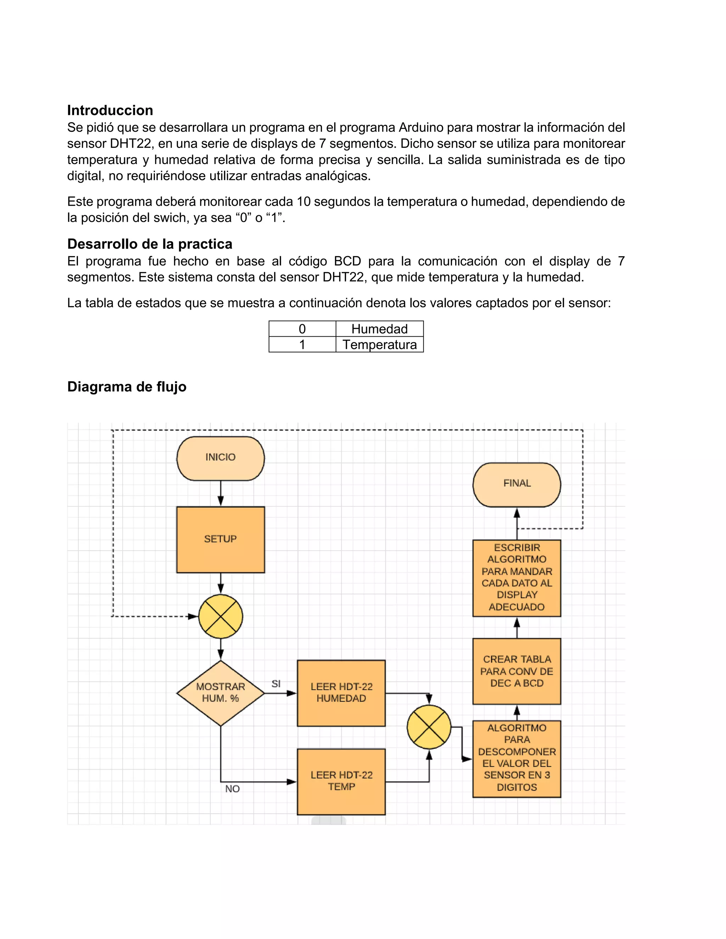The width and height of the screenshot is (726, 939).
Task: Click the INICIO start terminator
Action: click(220, 458)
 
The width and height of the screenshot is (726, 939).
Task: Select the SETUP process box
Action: click(220, 539)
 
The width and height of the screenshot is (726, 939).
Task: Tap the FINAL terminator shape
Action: click(516, 484)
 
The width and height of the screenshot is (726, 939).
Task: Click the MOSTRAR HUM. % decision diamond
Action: click(220, 693)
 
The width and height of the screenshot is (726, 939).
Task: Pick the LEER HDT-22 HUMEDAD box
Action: click(341, 693)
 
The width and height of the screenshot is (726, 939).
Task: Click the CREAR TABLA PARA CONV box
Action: click(516, 671)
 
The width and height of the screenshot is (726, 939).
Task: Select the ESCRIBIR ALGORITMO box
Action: click(516, 578)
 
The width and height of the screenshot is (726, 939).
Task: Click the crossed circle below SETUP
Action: click(220, 616)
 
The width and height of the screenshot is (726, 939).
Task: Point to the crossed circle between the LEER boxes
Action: click(429, 727)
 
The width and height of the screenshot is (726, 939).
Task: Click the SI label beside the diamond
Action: click(276, 684)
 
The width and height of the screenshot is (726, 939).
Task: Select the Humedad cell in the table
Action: click(379, 329)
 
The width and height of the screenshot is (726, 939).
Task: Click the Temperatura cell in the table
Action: click(379, 345)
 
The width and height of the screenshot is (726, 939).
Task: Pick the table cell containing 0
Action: click(302, 329)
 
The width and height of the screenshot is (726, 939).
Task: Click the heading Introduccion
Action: click(110, 111)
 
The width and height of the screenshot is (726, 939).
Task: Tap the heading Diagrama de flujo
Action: click(127, 387)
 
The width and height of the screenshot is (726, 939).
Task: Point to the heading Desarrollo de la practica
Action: click(150, 244)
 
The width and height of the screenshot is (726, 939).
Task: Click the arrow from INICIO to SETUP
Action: click(220, 494)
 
